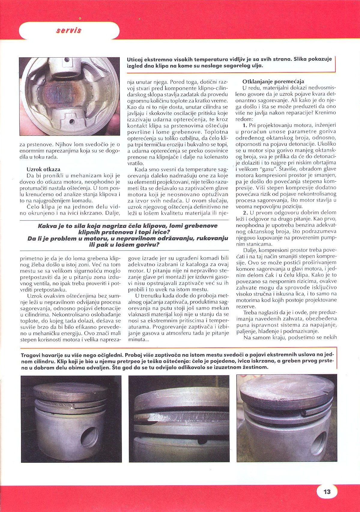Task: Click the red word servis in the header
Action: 69,30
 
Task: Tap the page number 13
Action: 327,492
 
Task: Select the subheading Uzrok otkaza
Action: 43,169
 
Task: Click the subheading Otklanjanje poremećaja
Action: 273,81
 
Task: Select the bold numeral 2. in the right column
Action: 245,213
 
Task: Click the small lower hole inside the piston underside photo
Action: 72,122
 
